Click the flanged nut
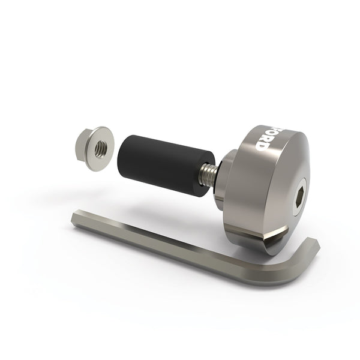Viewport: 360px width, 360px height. coord(95,148)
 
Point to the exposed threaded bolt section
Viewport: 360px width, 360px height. coord(207,174)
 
